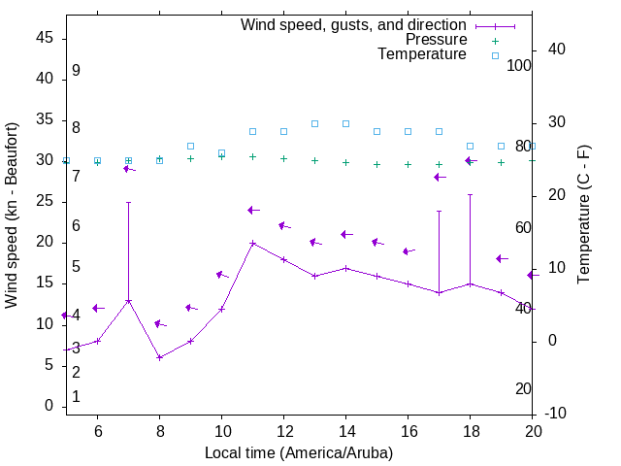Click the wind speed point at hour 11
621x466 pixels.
(252, 243)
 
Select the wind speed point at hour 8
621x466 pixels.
(159, 357)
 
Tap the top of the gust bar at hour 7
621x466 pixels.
(128, 203)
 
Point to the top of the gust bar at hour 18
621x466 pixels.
(470, 194)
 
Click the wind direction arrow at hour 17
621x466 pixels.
(439, 177)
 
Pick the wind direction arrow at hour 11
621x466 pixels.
(252, 210)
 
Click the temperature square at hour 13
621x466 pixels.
(314, 123)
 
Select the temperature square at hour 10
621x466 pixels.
(221, 152)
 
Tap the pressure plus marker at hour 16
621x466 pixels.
(408, 164)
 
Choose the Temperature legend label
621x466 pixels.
(422, 54)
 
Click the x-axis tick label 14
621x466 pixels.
(345, 431)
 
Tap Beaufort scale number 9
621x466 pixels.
(76, 71)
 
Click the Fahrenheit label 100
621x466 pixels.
(520, 65)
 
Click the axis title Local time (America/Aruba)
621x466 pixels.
(299, 452)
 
